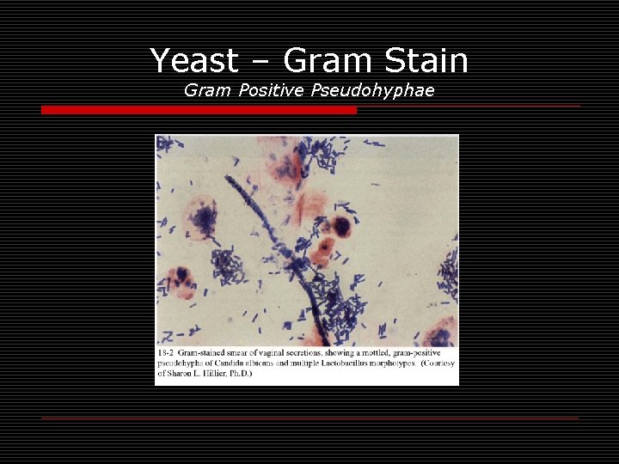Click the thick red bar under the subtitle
(199, 110)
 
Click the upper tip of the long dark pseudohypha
(229, 179)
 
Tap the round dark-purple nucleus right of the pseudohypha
(341, 226)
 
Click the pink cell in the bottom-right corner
(442, 333)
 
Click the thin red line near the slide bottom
(309, 418)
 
